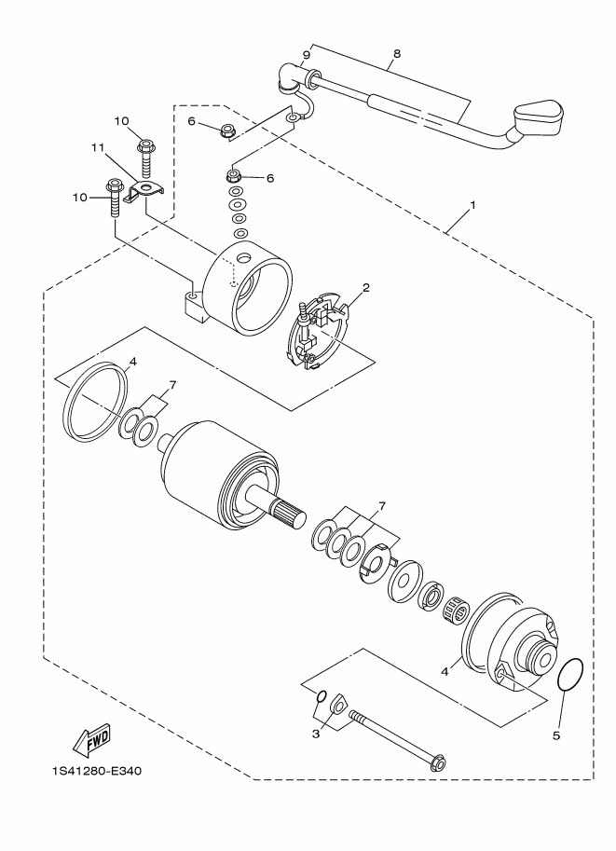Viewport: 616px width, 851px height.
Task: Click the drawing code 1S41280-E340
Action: (97, 771)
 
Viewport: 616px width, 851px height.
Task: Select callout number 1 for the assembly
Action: (472, 205)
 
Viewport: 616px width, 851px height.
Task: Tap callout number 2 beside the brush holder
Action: (366, 288)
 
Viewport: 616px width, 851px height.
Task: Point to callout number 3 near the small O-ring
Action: (316, 734)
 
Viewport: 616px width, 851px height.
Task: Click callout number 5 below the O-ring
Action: (555, 735)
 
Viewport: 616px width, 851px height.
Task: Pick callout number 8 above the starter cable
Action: (397, 53)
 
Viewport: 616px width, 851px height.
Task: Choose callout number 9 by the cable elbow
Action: (306, 54)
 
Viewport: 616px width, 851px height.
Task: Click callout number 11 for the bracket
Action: (97, 147)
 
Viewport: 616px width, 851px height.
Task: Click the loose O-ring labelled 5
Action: (571, 675)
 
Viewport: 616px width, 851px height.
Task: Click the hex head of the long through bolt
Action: (436, 762)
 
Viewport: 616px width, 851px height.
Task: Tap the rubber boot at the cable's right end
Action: (538, 117)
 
